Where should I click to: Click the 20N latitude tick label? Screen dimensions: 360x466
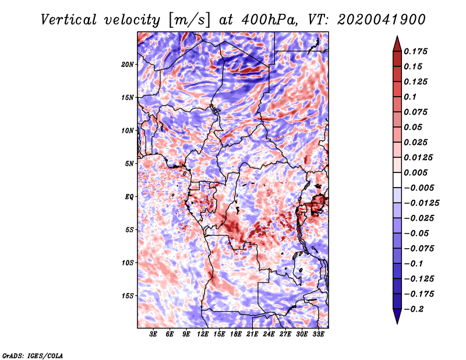coord(128,64)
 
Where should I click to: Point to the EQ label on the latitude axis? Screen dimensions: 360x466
coord(129,197)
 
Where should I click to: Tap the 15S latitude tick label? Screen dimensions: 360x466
coord(128,296)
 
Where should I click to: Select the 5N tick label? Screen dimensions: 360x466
coord(129,164)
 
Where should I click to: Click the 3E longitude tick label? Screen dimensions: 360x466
coord(154,335)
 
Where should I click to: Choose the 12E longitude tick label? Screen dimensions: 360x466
coord(203,335)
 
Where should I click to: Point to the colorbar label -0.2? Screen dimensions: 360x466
coord(416,309)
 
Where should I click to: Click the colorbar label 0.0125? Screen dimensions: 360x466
coord(419,157)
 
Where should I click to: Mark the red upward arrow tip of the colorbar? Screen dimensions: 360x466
coord(396,38)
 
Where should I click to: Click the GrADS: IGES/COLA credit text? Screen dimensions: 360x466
coord(33,355)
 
